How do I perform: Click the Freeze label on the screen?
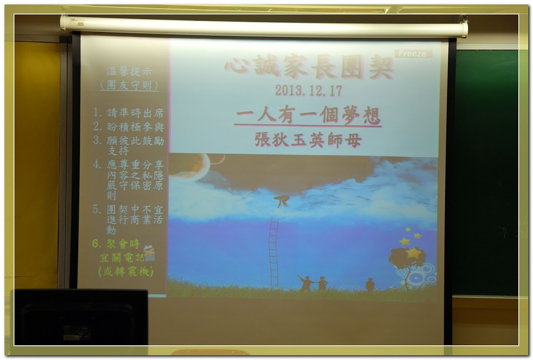(413, 54)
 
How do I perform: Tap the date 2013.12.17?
(309, 91)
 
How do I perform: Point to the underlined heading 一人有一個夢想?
(308, 115)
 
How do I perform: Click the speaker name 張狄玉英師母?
(308, 140)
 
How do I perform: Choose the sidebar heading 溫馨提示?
(129, 71)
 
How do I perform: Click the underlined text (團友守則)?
(129, 85)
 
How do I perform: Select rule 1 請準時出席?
(128, 113)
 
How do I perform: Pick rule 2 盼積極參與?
(128, 126)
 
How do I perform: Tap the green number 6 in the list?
(95, 243)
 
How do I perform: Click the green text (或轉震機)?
(126, 272)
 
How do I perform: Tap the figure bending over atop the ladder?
(281, 201)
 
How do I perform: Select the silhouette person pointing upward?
(306, 283)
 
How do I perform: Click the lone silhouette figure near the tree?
(370, 284)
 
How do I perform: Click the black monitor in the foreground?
(81, 317)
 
